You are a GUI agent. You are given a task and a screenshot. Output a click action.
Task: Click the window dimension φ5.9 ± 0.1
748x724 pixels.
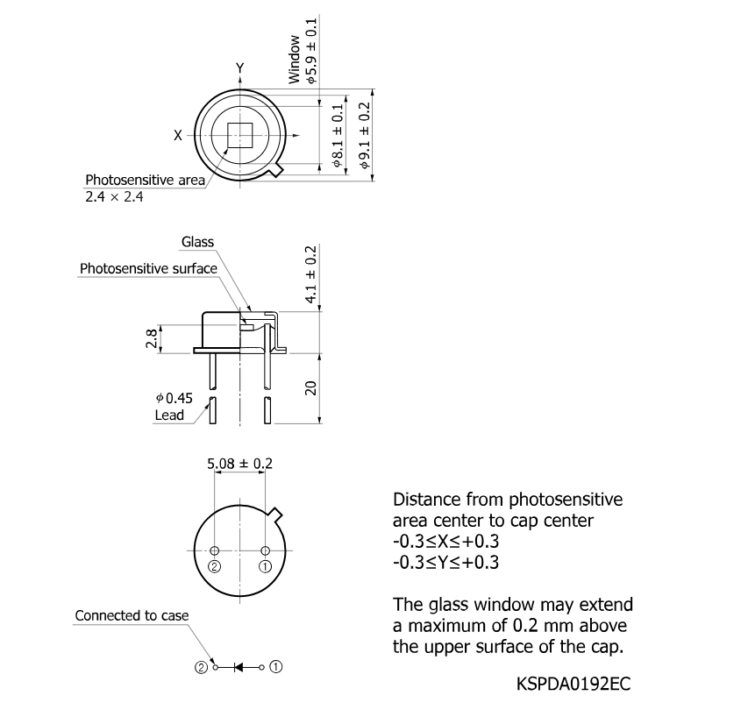[311, 51]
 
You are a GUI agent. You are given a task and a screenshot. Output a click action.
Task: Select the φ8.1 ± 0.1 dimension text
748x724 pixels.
[338, 137]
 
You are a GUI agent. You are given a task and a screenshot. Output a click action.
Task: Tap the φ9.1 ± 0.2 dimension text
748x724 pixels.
[365, 136]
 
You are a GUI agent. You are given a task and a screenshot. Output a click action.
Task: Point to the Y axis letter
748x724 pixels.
[240, 68]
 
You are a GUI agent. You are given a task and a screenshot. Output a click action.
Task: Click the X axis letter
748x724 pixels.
[178, 136]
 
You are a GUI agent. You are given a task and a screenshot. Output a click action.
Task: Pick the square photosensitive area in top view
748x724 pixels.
[239, 136]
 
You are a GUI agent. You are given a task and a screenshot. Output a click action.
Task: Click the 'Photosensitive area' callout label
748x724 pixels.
[145, 180]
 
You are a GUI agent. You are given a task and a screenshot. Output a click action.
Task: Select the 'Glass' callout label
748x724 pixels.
[197, 242]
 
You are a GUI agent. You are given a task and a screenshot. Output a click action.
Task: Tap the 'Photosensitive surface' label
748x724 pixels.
[148, 268]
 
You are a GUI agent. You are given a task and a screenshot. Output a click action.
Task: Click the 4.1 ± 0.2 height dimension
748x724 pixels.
[311, 274]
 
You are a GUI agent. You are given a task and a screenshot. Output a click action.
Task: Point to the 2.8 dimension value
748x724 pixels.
[151, 338]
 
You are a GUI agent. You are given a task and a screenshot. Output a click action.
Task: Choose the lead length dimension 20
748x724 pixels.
[310, 388]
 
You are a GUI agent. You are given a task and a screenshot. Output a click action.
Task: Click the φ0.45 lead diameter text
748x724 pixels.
[175, 398]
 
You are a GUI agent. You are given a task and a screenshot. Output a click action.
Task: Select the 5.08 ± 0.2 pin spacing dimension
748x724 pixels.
[239, 464]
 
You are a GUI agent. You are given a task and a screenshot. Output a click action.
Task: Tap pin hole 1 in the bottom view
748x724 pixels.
[265, 550]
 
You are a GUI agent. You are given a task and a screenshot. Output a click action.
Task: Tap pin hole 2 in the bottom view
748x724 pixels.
[215, 550]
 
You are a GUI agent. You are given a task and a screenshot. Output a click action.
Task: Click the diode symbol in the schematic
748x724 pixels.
[238, 667]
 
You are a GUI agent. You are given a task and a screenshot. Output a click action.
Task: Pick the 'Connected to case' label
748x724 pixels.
[132, 615]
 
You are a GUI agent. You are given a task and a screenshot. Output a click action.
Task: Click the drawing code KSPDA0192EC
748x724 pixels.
[573, 684]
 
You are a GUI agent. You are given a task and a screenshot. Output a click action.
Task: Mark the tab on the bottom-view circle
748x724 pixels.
[275, 515]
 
